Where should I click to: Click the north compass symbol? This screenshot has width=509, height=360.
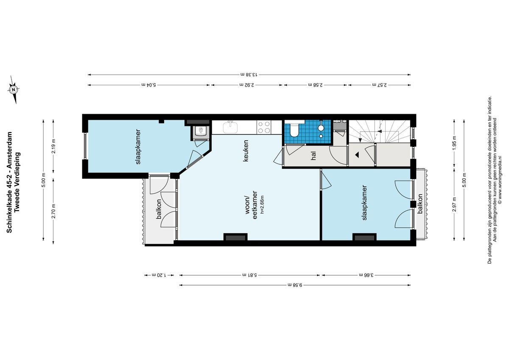pyautogui.click(x=14, y=90)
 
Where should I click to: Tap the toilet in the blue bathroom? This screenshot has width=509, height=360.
pyautogui.click(x=294, y=130)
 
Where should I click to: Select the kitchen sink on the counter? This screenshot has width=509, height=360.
pyautogui.click(x=232, y=127)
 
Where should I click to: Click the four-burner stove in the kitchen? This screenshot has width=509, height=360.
pyautogui.click(x=264, y=127)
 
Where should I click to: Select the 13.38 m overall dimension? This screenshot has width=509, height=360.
pyautogui.click(x=249, y=75)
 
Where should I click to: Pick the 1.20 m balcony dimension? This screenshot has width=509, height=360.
pyautogui.click(x=159, y=275)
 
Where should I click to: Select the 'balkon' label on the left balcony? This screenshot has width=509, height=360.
pyautogui.click(x=159, y=209)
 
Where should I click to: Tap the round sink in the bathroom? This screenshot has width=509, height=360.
pyautogui.click(x=321, y=127)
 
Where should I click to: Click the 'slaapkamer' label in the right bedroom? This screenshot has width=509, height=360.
pyautogui.click(x=364, y=202)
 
